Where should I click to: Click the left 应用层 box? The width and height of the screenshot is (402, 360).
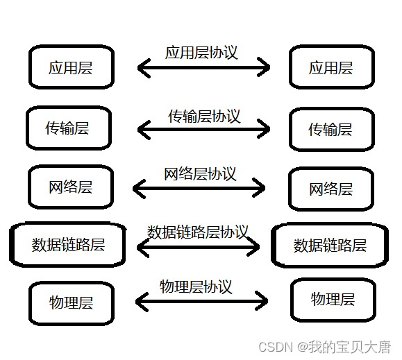71,67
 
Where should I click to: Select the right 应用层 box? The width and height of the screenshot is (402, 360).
331,67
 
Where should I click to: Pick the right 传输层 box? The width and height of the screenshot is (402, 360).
330,129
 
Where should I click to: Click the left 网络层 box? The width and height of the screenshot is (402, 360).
71,187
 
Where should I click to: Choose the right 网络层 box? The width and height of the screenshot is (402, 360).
330,189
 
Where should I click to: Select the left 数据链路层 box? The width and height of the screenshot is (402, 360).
69,244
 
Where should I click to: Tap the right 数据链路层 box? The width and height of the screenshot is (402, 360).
330,245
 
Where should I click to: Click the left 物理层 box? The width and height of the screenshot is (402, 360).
71,302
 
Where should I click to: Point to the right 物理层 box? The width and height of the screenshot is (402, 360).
333,299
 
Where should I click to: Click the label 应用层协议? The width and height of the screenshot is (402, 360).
201,53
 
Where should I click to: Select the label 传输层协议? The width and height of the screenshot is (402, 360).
204,116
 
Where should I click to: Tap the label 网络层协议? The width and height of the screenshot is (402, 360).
200,173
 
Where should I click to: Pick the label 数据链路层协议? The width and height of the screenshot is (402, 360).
198,232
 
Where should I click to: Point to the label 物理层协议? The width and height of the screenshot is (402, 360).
196,286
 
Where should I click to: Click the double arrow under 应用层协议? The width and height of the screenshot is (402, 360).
203,67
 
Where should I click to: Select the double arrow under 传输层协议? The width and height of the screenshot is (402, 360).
203,128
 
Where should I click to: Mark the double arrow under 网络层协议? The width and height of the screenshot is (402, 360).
199,187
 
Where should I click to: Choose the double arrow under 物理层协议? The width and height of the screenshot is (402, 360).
201,300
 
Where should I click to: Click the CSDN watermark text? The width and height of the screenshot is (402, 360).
324,346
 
